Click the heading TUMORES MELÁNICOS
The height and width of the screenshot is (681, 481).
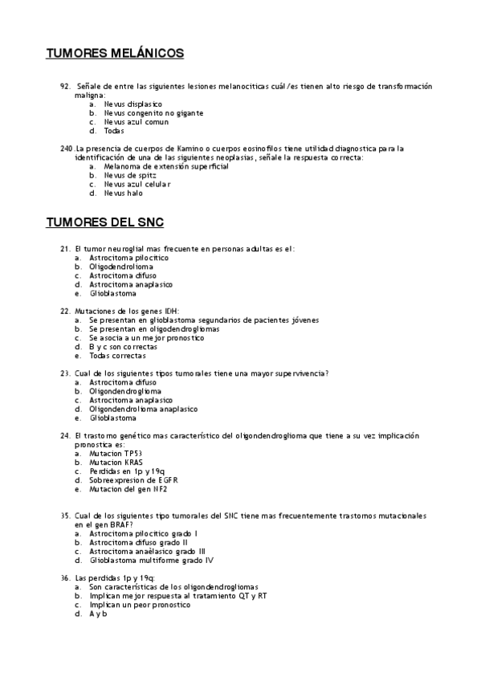(x=115, y=54)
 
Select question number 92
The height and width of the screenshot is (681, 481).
(x=66, y=86)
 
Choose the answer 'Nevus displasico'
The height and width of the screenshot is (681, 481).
(x=133, y=104)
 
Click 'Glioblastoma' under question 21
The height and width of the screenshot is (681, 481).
(x=113, y=293)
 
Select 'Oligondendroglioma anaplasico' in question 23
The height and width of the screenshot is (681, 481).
(x=144, y=409)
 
